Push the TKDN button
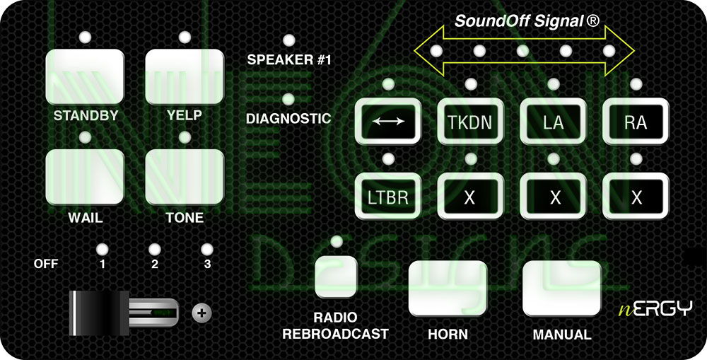pyautogui.click(x=469, y=121)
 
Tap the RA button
pyautogui.click(x=636, y=121)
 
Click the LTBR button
pyautogui.click(x=387, y=197)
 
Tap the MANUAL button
pyautogui.click(x=561, y=288)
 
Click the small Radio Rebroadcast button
pyautogui.click(x=336, y=277)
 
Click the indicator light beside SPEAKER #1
pyautogui.click(x=288, y=40)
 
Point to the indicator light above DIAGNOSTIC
pyautogui.click(x=288, y=100)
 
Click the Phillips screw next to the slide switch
pyautogui.click(x=201, y=311)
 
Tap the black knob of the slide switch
pyautogui.click(x=98, y=311)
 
